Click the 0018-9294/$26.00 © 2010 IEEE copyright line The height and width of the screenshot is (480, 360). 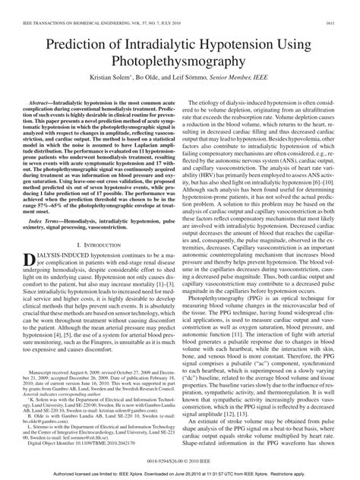pyautogui.click(x=180, y=459)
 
